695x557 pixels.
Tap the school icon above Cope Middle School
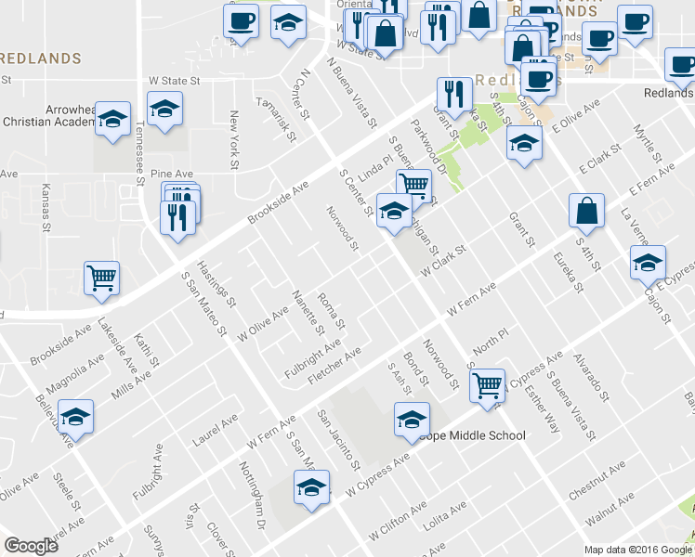pyautogui.click(x=412, y=419)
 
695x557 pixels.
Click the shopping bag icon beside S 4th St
pyautogui.click(x=587, y=211)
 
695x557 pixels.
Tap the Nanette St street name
pyautogui.click(x=308, y=311)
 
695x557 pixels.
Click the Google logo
pyautogui.click(x=32, y=546)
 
